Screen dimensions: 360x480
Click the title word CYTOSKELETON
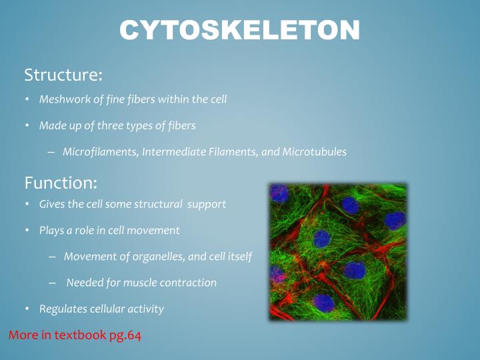(x=240, y=30)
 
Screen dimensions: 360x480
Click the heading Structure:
(x=63, y=75)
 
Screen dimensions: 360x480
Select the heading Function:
(x=61, y=182)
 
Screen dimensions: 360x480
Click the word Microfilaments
(x=100, y=151)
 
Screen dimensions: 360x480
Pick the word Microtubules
(x=314, y=151)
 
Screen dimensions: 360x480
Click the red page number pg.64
(x=125, y=335)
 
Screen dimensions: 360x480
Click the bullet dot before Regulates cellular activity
(x=27, y=309)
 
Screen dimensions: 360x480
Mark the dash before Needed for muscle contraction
(x=53, y=283)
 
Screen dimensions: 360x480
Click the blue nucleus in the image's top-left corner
(x=279, y=194)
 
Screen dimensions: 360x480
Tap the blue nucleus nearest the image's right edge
(x=395, y=221)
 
